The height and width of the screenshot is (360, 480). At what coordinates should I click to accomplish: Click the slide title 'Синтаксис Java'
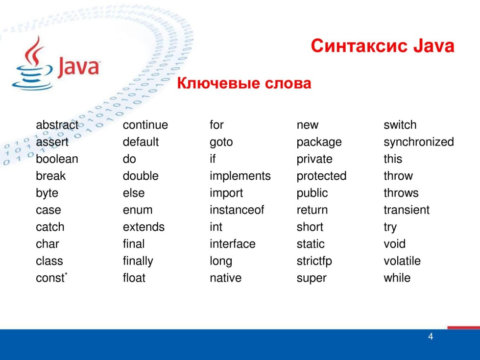pyautogui.click(x=382, y=47)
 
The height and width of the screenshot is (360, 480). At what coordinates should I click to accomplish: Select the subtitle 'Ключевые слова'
pyautogui.click(x=243, y=84)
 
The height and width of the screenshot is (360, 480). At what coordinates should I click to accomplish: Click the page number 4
pyautogui.click(x=431, y=336)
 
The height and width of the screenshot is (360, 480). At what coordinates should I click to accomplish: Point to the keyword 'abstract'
pyautogui.click(x=57, y=125)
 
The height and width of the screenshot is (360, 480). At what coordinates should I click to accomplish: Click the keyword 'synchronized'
pyautogui.click(x=418, y=142)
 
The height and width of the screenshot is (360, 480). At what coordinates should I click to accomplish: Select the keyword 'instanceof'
pyautogui.click(x=237, y=210)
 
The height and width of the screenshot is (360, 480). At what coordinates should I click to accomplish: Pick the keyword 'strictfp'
pyautogui.click(x=314, y=261)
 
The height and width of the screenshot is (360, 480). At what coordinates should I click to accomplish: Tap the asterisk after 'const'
pyautogui.click(x=66, y=275)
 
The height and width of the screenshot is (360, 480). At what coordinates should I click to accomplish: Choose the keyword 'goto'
pyautogui.click(x=221, y=142)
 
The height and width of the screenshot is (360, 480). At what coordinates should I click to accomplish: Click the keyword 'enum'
pyautogui.click(x=137, y=210)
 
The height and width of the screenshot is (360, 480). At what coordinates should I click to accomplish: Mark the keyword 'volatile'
pyautogui.click(x=402, y=261)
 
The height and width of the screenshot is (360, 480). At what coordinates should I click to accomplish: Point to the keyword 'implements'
pyautogui.click(x=240, y=176)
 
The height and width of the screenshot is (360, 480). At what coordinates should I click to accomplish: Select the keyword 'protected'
pyautogui.click(x=321, y=176)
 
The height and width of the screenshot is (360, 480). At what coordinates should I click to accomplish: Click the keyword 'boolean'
pyautogui.click(x=57, y=159)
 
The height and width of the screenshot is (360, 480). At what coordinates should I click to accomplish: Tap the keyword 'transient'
pyautogui.click(x=406, y=210)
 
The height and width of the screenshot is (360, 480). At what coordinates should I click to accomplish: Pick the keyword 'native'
pyautogui.click(x=225, y=278)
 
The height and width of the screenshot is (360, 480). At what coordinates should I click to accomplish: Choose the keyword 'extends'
pyautogui.click(x=144, y=227)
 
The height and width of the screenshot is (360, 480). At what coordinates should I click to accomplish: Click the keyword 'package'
pyautogui.click(x=319, y=143)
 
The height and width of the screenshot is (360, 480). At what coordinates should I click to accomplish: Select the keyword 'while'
pyautogui.click(x=397, y=278)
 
